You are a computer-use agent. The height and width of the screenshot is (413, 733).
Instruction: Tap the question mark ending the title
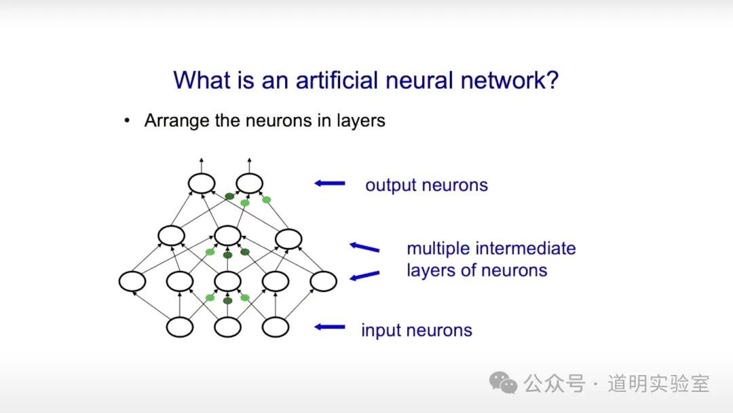point(552,80)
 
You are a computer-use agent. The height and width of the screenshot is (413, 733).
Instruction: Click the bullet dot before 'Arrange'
point(126,122)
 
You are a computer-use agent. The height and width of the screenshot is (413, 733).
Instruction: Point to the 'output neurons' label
point(426,185)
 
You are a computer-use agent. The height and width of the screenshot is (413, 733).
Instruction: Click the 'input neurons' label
point(416,331)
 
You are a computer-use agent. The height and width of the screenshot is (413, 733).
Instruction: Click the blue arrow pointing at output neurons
point(331,183)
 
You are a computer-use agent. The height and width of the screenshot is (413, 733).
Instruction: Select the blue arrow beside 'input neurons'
point(331,327)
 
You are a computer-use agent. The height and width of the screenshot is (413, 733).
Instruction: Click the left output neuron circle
point(202,183)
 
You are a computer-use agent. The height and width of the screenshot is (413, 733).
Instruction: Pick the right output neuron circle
point(249,183)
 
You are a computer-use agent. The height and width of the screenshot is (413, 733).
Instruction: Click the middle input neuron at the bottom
point(228,327)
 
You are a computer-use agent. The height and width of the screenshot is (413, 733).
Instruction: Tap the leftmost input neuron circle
point(180,327)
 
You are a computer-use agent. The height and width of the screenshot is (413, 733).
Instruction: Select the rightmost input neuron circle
point(276,327)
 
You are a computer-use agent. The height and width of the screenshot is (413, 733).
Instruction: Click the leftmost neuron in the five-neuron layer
point(132,281)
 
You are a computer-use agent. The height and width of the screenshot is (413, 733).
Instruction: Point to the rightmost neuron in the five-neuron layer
point(323,281)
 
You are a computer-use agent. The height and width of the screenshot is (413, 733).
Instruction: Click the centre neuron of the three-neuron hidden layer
point(227,236)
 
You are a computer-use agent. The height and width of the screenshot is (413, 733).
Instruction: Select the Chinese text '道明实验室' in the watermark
point(658,384)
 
